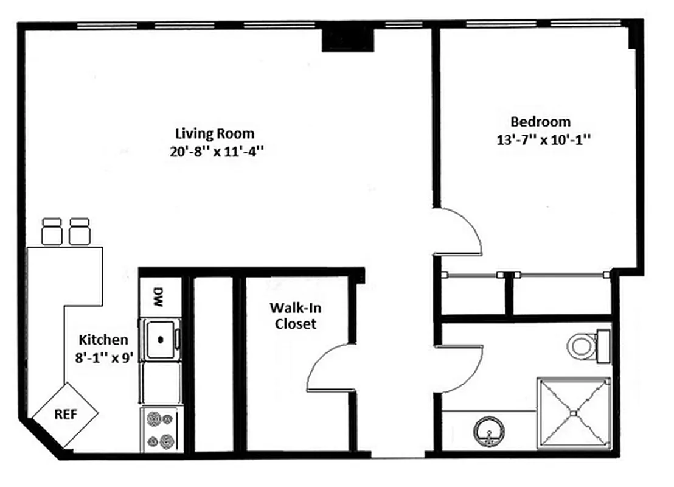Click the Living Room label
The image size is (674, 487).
click(x=215, y=133)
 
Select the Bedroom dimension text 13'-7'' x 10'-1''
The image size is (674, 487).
click(x=544, y=139)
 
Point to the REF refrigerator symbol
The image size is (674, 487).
click(x=65, y=415)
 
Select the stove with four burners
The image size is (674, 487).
click(x=161, y=430)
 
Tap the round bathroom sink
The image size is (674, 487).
click(x=488, y=431)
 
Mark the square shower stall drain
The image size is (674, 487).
click(x=573, y=413)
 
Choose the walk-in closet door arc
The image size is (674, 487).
click(x=325, y=365)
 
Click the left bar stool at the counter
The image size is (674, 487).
click(x=52, y=232)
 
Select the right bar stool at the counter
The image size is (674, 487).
click(x=80, y=232)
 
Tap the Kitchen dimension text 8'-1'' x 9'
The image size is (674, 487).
click(x=103, y=357)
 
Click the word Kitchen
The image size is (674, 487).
click(x=103, y=340)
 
